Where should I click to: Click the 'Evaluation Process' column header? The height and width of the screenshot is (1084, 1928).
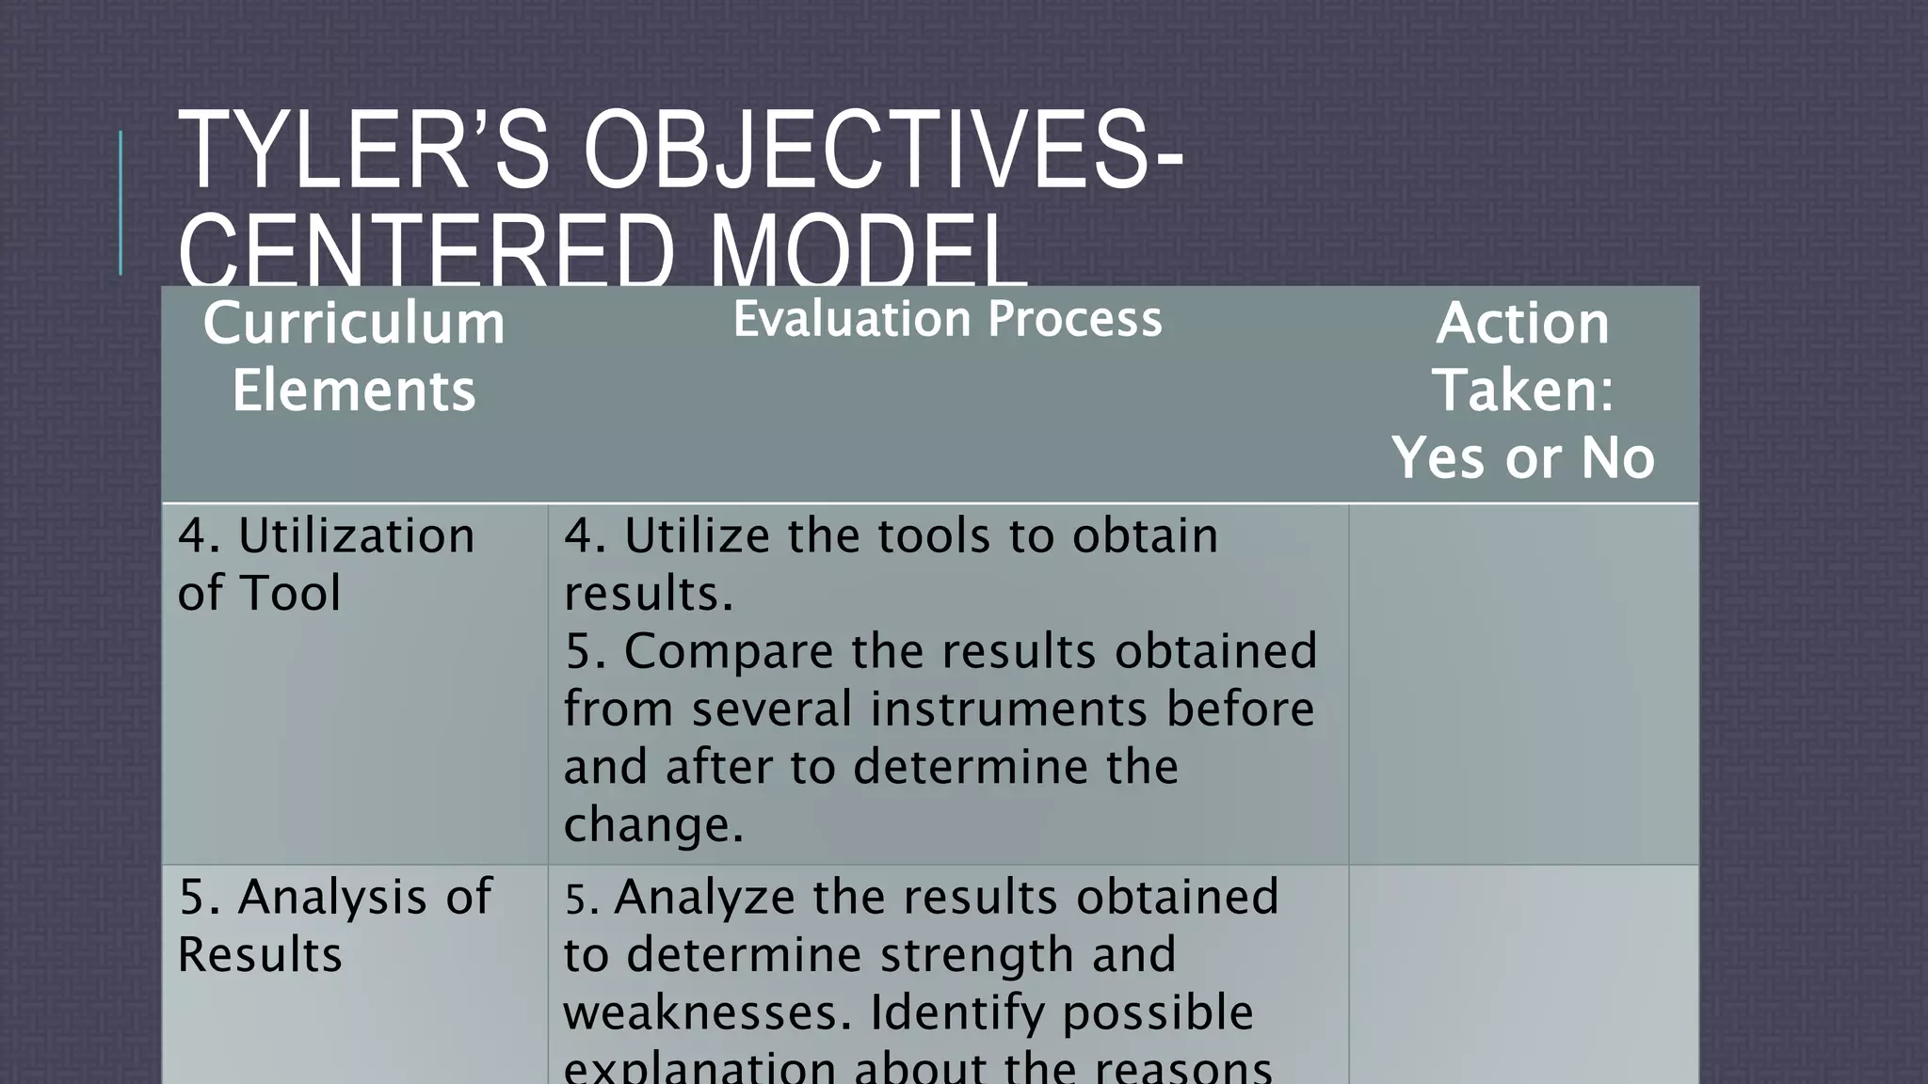tap(947, 319)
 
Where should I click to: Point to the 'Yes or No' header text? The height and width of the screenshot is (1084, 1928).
tap(1522, 458)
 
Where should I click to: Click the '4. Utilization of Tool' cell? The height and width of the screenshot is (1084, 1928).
tap(326, 564)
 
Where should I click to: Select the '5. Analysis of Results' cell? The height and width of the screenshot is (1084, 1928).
tap(334, 925)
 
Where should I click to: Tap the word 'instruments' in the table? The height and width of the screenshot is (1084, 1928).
tap(1008, 709)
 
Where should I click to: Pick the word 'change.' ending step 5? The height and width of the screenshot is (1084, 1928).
tap(653, 824)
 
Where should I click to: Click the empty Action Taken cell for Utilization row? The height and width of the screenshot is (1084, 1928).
tap(1522, 684)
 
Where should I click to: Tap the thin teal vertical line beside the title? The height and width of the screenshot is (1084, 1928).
tap(120, 203)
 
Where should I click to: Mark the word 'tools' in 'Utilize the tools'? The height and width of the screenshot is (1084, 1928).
tap(933, 536)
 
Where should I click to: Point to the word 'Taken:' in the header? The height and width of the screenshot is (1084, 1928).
tap(1522, 390)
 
